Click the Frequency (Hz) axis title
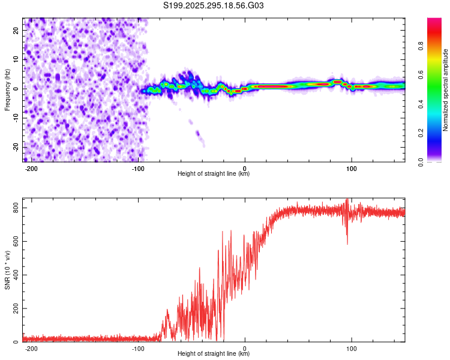7,89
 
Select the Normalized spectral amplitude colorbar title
446,89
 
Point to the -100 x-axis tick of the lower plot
139,349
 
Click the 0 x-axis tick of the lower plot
245,349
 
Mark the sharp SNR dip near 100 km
347,242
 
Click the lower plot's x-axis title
214,355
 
